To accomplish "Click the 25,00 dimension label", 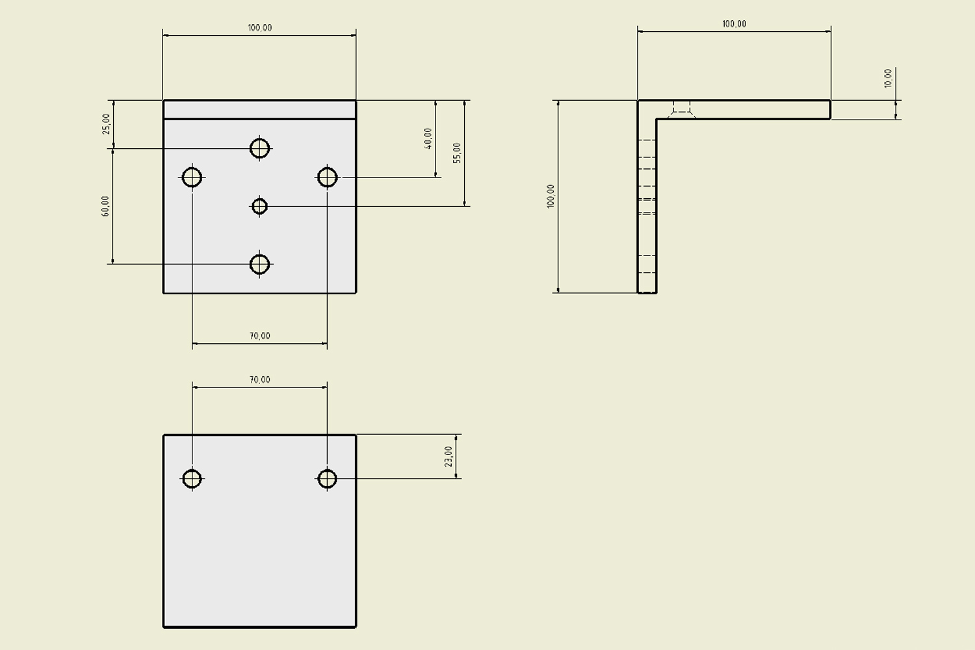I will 106,123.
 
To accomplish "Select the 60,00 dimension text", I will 105,206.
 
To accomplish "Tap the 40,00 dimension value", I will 428,138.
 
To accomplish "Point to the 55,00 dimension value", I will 457,153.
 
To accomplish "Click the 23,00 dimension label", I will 448,456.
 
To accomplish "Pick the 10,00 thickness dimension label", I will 888,79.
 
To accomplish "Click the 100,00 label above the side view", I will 734,24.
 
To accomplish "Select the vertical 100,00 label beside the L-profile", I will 551,196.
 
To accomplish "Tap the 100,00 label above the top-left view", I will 259,28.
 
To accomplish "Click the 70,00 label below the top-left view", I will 259,336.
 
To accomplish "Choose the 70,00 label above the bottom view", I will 259,380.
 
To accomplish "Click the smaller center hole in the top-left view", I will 259,207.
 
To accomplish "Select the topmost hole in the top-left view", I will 259,148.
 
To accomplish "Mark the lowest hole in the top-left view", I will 259,265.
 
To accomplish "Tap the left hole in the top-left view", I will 192,177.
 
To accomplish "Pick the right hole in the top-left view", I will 327,177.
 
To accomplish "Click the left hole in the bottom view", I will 192,479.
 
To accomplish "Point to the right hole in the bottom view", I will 327,479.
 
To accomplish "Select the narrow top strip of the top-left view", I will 259,110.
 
